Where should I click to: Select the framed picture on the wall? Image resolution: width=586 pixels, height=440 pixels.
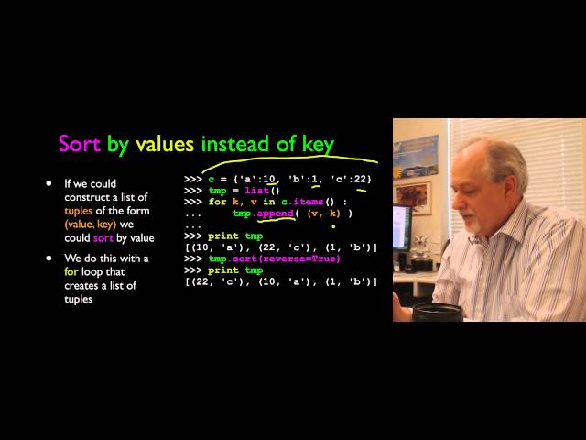pyautogui.click(x=414, y=194)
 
